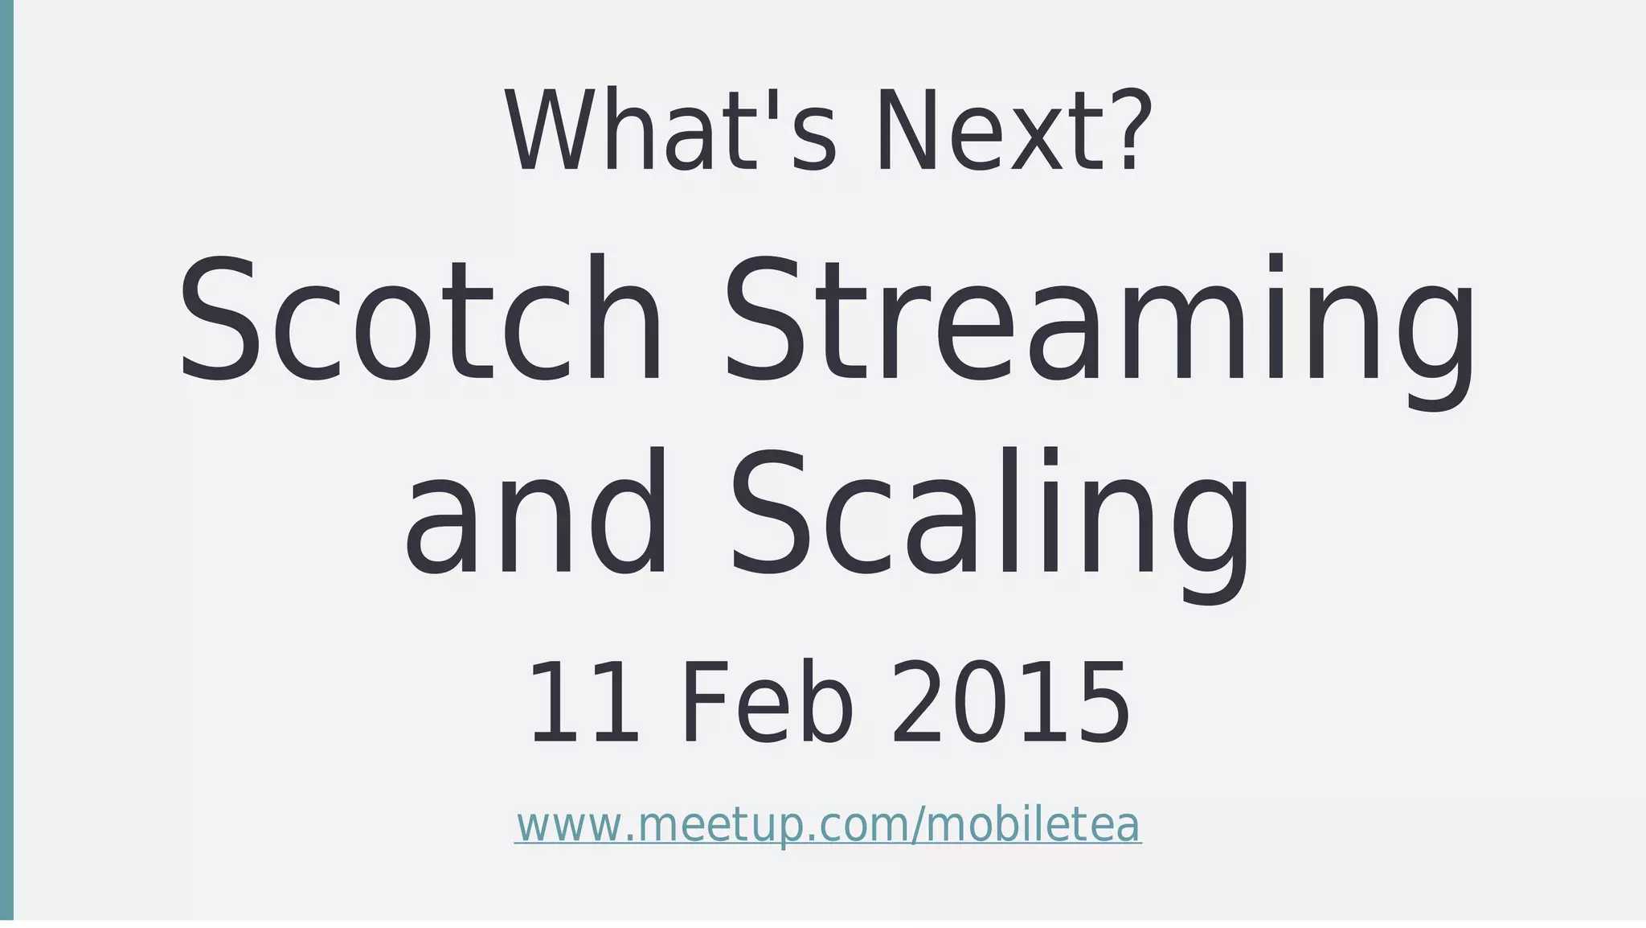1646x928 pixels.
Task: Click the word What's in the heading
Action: [x=671, y=131]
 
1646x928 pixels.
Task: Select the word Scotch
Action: [x=420, y=319]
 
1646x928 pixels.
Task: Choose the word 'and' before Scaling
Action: [x=535, y=515]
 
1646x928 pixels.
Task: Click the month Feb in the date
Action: [x=768, y=701]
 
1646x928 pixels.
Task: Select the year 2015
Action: [x=1010, y=701]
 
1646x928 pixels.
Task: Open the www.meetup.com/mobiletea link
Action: [x=828, y=824]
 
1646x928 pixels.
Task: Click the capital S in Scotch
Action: [x=219, y=319]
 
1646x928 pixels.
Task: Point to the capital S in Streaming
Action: [x=764, y=319]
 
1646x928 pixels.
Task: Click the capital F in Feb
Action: [x=702, y=701]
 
